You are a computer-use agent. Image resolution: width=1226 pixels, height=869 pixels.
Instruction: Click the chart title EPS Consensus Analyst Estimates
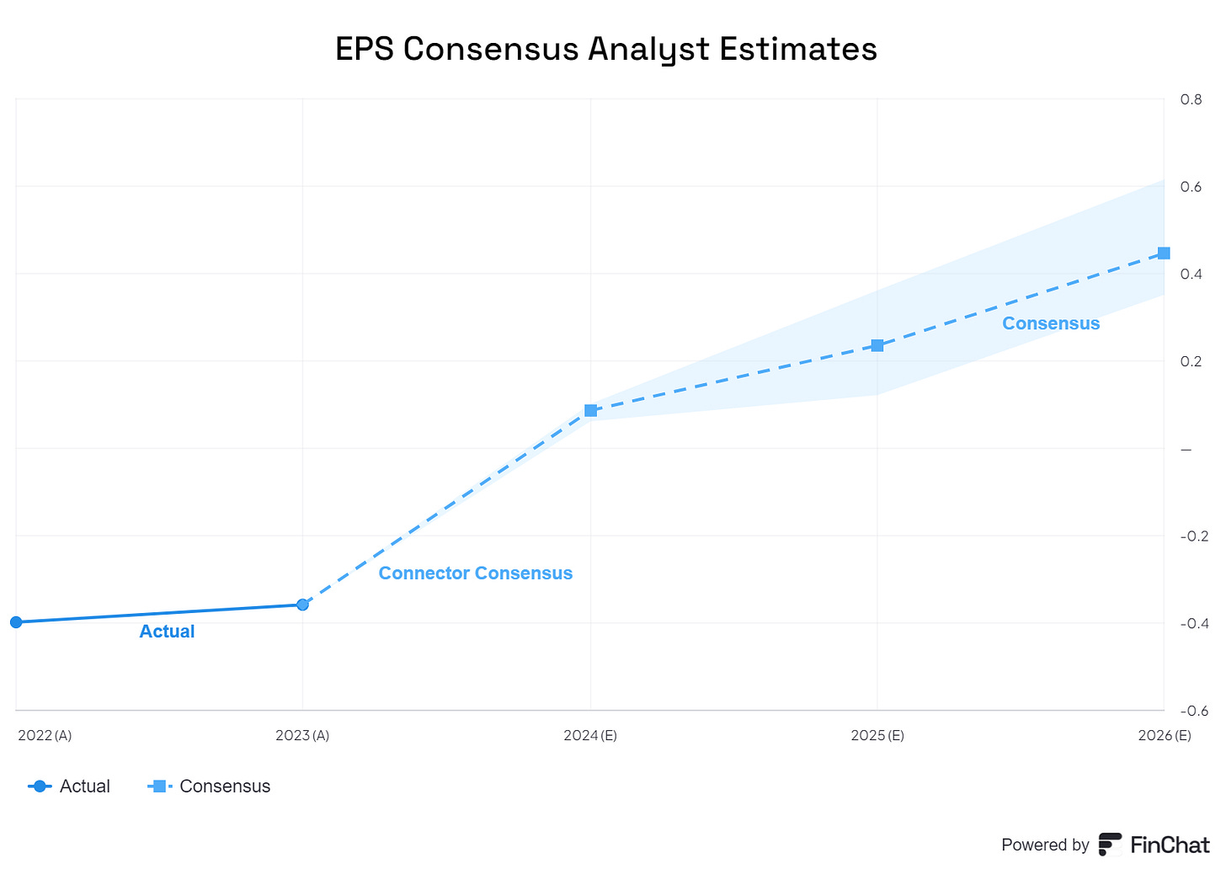point(605,49)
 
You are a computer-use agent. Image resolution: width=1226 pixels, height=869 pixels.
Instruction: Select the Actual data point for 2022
point(16,622)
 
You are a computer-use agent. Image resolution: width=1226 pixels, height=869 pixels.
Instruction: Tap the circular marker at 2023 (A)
point(302,605)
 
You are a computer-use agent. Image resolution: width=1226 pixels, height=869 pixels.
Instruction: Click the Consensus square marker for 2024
point(590,411)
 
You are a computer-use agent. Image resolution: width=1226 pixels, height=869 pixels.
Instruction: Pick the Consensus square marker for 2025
point(877,345)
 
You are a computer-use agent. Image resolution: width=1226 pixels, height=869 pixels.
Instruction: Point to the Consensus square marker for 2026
point(1164,253)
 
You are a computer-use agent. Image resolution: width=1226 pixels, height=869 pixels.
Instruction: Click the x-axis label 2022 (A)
point(45,735)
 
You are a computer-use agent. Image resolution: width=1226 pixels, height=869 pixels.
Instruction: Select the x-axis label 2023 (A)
point(302,735)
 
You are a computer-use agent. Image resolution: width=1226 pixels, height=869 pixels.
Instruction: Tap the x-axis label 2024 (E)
point(590,735)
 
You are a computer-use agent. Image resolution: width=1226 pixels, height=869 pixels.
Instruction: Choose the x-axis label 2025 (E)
point(877,735)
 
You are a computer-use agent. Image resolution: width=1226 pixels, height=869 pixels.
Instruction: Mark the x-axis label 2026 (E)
point(1164,735)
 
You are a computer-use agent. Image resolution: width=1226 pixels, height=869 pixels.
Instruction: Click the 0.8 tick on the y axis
point(1191,99)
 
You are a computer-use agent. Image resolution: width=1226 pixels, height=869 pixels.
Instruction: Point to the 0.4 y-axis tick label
point(1191,274)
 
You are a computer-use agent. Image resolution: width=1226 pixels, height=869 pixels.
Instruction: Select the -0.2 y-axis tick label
point(1194,536)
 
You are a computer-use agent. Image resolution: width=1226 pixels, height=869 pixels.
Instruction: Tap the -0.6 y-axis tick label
point(1194,711)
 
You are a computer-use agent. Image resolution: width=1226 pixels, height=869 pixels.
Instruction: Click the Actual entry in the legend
point(69,786)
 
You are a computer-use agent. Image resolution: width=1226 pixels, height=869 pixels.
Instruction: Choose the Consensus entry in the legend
point(210,786)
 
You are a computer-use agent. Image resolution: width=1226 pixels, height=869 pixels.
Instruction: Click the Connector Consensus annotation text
point(475,573)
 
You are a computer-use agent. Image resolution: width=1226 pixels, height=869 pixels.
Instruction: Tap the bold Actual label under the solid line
point(167,632)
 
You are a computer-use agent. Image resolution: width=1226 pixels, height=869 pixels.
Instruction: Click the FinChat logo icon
point(1110,844)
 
